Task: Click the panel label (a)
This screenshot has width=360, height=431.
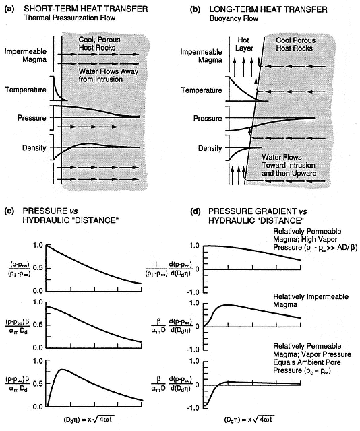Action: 9,9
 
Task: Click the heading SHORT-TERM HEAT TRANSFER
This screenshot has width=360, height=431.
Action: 86,9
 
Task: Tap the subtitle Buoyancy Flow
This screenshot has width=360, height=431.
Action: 234,19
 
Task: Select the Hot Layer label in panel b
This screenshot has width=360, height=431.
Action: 243,44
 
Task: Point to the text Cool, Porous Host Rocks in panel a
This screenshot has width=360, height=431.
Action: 99,43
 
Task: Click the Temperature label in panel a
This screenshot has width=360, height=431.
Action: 26,90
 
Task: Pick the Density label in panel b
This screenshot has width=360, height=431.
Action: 210,148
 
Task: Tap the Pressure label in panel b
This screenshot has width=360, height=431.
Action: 207,119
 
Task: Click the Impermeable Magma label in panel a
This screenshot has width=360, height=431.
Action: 26,55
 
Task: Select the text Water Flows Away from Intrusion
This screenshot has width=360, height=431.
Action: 108,75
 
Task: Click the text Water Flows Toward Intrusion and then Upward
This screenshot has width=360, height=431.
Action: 289,165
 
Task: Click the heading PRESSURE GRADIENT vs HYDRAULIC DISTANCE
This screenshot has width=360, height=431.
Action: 258,215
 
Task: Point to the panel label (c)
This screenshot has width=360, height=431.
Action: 9,211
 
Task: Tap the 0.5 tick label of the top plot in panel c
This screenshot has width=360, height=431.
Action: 38,268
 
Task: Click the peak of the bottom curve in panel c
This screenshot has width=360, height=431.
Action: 63,370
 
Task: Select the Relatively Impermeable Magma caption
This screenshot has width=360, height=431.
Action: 311,300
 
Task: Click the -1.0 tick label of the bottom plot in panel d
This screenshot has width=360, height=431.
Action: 193,407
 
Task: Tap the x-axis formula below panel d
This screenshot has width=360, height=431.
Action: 249,420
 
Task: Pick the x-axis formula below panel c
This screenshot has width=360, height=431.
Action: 88,420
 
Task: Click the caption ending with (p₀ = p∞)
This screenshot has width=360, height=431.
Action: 312,358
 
